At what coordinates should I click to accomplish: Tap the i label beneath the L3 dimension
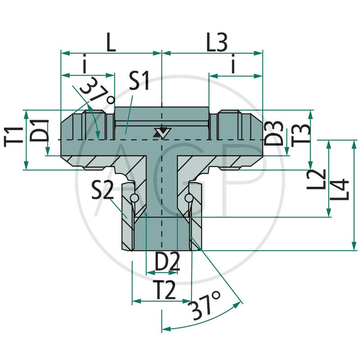click(x=233, y=66)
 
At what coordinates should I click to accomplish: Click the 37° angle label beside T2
click(x=205, y=306)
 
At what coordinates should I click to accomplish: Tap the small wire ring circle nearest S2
click(x=133, y=198)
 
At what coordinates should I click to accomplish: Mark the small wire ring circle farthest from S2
click(x=189, y=198)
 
